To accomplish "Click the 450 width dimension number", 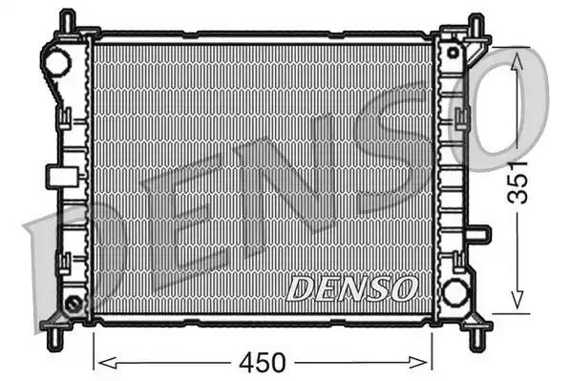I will pos(263,363).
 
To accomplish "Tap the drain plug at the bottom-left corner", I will pos(73,305).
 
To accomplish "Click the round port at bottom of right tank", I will pos(455,290).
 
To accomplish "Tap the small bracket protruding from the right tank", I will pos(482,234).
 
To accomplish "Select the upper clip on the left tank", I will pos(65,116).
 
